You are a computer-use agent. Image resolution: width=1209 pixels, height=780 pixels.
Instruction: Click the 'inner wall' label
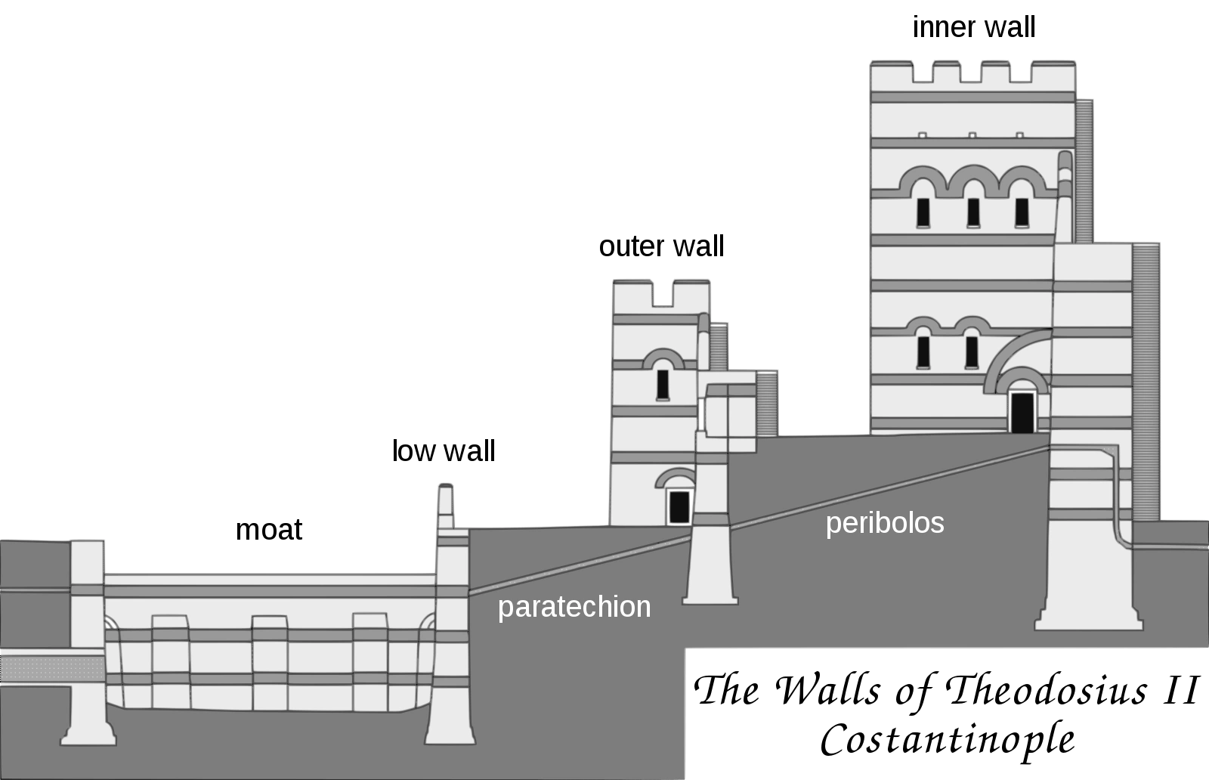pyautogui.click(x=974, y=27)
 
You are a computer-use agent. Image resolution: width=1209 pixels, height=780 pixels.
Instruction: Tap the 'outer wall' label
pyautogui.click(x=661, y=246)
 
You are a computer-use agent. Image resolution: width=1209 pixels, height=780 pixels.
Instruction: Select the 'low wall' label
pyautogui.click(x=443, y=450)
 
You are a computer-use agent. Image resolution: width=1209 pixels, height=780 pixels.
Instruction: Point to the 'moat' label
pyautogui.click(x=269, y=530)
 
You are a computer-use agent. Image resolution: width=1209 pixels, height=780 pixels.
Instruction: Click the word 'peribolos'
pyautogui.click(x=885, y=524)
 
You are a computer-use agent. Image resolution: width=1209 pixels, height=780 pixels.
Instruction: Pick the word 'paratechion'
pyautogui.click(x=574, y=607)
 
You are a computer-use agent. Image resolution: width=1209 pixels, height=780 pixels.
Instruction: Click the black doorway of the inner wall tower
pyautogui.click(x=1022, y=413)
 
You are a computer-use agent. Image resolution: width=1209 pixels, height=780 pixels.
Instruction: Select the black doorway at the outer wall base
pyautogui.click(x=679, y=506)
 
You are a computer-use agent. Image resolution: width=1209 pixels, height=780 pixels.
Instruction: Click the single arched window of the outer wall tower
pyautogui.click(x=663, y=385)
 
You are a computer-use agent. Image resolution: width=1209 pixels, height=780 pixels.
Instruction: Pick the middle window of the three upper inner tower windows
pyautogui.click(x=973, y=212)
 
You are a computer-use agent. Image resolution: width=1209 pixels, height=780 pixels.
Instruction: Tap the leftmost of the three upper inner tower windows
pyautogui.click(x=923, y=212)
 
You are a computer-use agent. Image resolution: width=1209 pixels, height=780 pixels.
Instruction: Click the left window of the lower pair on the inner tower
pyautogui.click(x=923, y=352)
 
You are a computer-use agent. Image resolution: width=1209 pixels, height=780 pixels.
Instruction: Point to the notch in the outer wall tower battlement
pyautogui.click(x=662, y=294)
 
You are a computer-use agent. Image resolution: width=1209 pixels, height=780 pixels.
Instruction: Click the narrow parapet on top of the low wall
pyautogui.click(x=445, y=506)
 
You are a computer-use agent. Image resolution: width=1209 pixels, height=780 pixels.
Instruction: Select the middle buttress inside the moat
pyautogui.click(x=269, y=663)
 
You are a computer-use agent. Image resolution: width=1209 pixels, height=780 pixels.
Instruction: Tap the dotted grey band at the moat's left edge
pyautogui.click(x=52, y=669)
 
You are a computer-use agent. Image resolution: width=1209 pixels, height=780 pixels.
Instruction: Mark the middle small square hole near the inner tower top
pyautogui.click(x=972, y=135)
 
